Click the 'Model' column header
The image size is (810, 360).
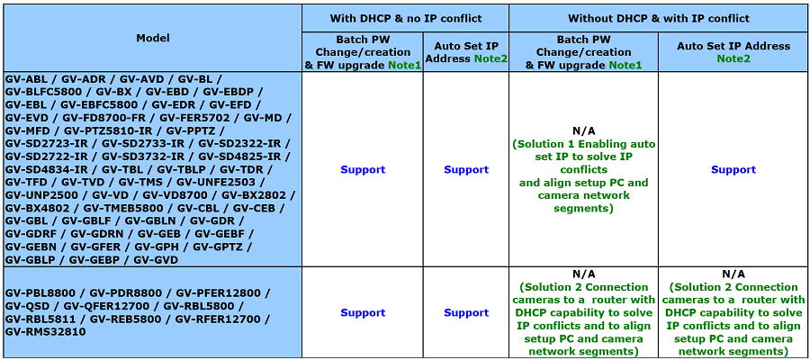[x=153, y=38]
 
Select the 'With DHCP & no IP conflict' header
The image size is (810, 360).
[x=406, y=19]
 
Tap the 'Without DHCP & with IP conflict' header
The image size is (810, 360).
[x=659, y=19]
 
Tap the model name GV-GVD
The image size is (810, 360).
[x=156, y=260]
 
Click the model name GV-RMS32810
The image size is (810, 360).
[x=46, y=332]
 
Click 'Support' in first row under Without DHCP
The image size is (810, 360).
[x=733, y=170]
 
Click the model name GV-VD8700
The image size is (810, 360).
[x=175, y=195]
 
